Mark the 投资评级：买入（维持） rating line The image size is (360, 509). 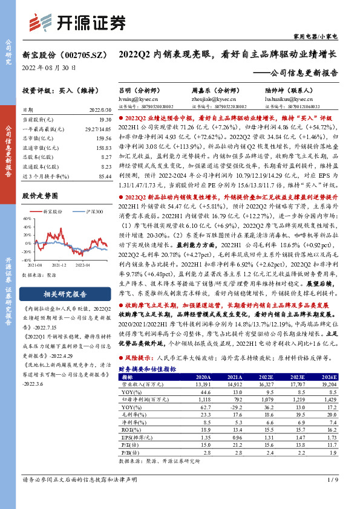tap(56, 90)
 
